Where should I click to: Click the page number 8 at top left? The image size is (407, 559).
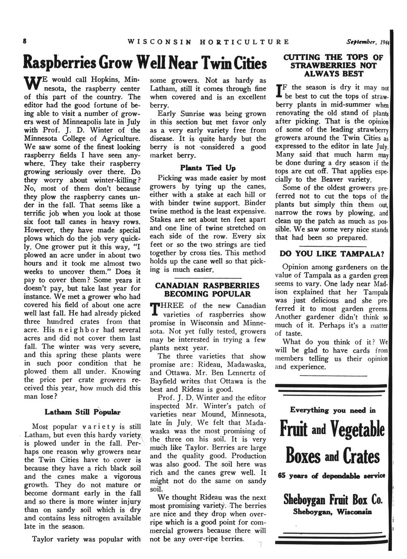[25, 41]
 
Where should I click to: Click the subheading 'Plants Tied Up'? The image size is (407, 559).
[207, 168]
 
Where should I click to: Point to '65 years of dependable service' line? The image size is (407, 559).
[332, 476]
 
